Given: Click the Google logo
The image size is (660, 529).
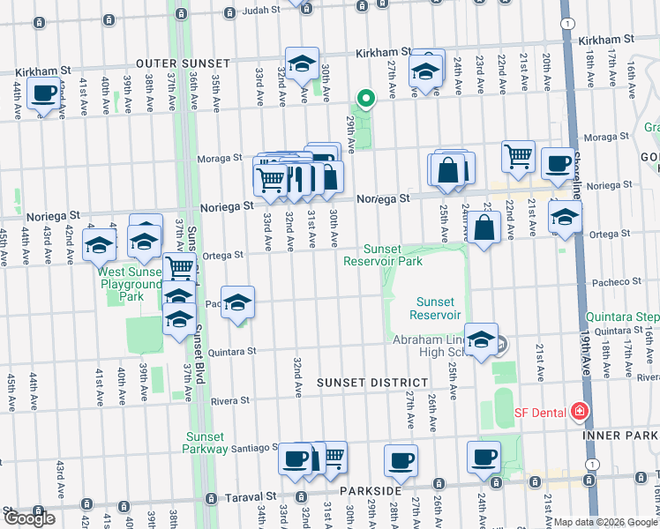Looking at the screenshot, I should click(x=28, y=518).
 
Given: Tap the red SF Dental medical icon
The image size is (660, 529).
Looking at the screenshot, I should click(x=579, y=411).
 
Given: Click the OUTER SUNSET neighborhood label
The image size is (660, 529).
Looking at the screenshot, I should click(x=183, y=63).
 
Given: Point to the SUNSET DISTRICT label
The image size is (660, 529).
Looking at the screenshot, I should click(x=372, y=383).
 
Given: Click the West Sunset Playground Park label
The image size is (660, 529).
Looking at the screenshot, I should click(x=129, y=285).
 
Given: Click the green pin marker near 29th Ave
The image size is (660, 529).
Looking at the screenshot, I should click(x=364, y=99).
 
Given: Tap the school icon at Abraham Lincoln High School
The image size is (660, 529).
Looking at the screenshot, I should click(x=482, y=340).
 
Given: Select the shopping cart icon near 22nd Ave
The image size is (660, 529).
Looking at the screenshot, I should click(x=518, y=156).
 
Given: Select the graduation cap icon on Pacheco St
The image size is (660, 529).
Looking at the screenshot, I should click(x=237, y=304).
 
